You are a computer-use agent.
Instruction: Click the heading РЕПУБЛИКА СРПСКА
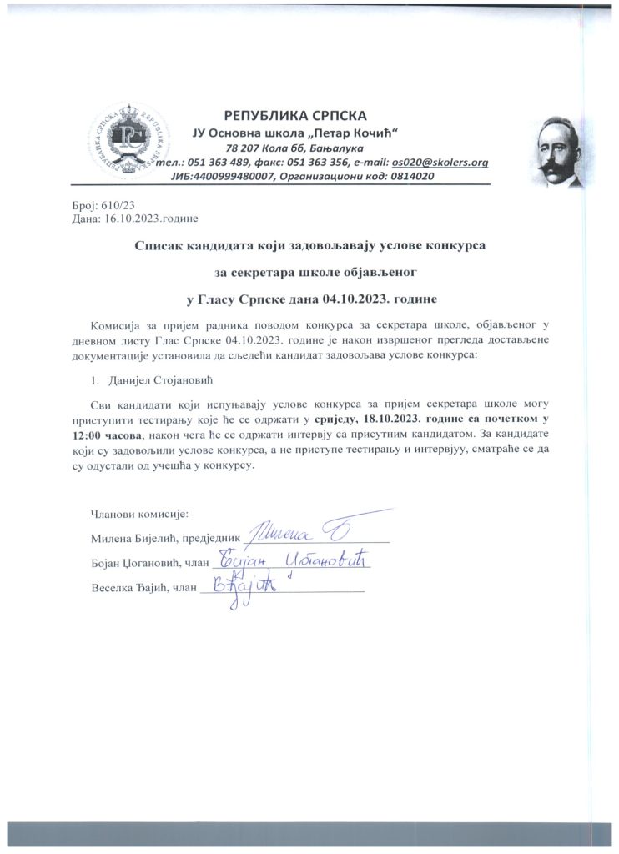(296, 115)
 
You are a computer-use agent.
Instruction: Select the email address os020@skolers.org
(440, 163)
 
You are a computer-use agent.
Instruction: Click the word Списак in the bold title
(161, 245)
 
